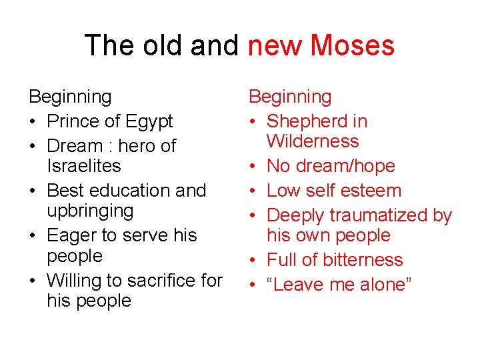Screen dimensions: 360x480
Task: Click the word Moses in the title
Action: coord(352,45)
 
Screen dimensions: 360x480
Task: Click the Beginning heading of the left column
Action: coord(70,97)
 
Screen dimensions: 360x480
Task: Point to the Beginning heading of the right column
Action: coord(290,97)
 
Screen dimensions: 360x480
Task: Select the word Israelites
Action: coord(84,166)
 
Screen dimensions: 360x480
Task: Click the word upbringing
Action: coord(90,211)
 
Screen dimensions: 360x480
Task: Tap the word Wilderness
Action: coord(313,141)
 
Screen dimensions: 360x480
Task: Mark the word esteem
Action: coord(369,191)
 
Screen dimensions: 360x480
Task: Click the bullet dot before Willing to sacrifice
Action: coord(33,281)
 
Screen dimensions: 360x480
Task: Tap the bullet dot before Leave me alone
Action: coord(253,285)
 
